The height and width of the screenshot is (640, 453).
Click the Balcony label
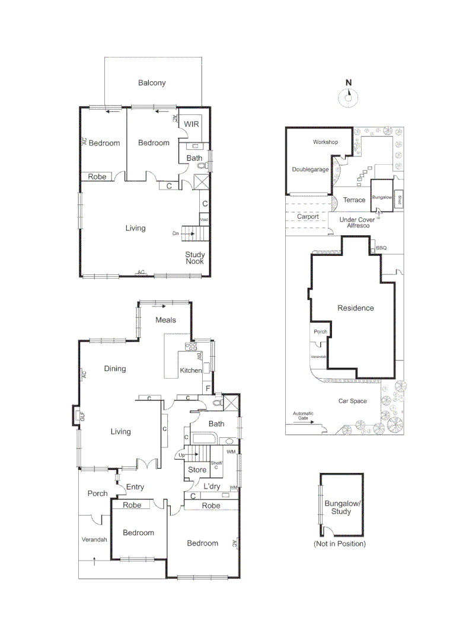tap(152, 83)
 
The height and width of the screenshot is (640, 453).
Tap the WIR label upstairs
tap(191, 124)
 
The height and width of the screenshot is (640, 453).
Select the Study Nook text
tap(195, 258)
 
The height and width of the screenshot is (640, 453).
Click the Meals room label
tap(166, 320)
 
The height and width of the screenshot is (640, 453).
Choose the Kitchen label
tap(191, 371)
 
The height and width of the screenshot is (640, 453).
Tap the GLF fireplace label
tap(82, 417)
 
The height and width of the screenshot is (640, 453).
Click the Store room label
tap(197, 470)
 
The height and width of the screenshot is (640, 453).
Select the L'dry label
tap(212, 487)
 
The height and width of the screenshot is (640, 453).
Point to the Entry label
tap(135, 487)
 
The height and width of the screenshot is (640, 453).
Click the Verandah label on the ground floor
tap(94, 540)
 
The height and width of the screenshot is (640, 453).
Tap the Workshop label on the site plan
tap(325, 142)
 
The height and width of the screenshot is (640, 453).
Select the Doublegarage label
tap(310, 169)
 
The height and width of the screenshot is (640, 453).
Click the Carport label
tap(308, 217)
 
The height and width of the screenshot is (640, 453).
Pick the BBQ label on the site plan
tap(381, 248)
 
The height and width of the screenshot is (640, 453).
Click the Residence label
tap(356, 308)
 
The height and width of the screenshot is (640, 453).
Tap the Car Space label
tap(353, 401)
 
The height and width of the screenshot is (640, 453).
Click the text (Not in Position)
tap(340, 543)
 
